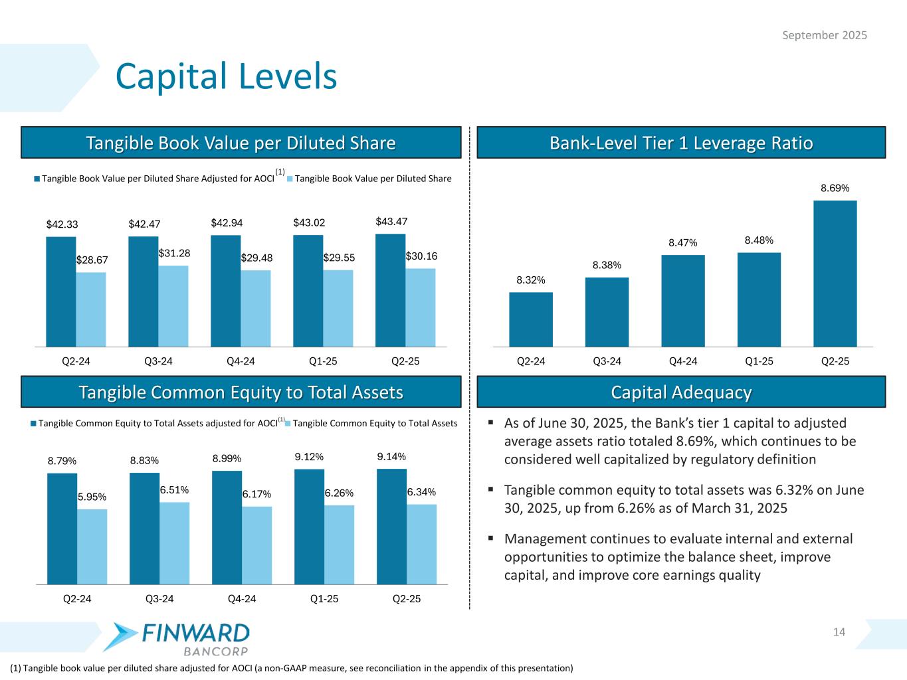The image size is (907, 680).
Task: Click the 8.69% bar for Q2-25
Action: point(835,273)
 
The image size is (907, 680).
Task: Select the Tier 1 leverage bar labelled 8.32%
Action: point(530,319)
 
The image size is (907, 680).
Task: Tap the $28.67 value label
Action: point(91,260)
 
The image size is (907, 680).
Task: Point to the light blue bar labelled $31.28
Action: point(173,306)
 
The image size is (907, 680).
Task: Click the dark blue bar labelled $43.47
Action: point(390,290)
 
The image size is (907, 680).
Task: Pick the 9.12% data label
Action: point(309,457)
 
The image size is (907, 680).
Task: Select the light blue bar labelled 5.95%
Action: point(92,547)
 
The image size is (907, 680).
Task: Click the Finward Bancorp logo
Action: point(181,637)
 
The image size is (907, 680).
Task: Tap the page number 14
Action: point(839,632)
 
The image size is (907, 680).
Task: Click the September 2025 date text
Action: point(824,35)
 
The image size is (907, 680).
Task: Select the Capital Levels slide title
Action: point(227,76)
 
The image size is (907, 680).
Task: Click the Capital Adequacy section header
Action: point(681,392)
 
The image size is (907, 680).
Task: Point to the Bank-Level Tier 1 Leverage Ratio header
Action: point(681,143)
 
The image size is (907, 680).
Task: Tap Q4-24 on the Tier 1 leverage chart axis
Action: point(683,361)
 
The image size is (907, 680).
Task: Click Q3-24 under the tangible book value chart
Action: point(158,361)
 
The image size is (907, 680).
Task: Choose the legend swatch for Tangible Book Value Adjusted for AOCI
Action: point(37,179)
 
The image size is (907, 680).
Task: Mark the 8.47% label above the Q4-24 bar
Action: point(683,243)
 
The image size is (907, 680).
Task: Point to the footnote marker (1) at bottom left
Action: point(16,668)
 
